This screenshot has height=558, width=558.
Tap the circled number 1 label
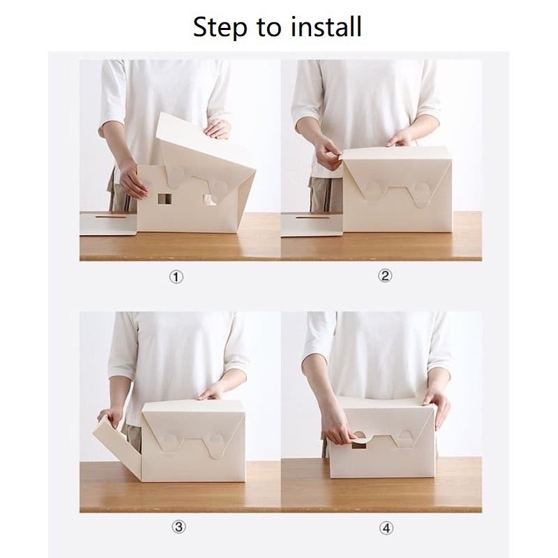tap(176, 277)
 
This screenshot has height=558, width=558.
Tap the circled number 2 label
tap(385, 276)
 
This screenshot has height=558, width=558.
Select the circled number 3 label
tap(179, 527)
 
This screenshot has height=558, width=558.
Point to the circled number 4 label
tap(386, 528)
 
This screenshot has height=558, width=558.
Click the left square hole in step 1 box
tap(165, 199)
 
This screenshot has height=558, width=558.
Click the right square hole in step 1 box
tap(209, 199)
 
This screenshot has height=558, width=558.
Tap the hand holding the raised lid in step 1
tap(218, 129)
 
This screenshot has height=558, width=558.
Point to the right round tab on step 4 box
tap(405, 439)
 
